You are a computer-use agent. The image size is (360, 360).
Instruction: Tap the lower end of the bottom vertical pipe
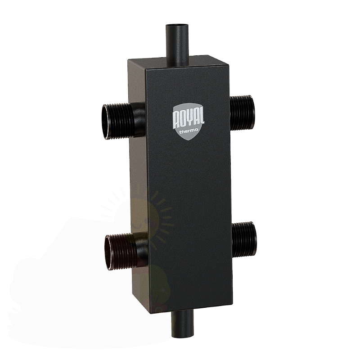(183, 334)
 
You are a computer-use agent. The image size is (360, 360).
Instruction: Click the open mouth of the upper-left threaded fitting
(106, 122)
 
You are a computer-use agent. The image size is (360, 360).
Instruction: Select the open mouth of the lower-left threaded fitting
(109, 252)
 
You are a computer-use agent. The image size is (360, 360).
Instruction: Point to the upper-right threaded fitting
(242, 113)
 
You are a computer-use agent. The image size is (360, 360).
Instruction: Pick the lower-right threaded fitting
(244, 239)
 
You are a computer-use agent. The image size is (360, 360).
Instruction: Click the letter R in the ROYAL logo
(176, 120)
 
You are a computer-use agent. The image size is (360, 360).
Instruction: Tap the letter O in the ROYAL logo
(183, 119)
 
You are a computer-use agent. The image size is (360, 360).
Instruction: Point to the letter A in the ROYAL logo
(195, 117)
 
